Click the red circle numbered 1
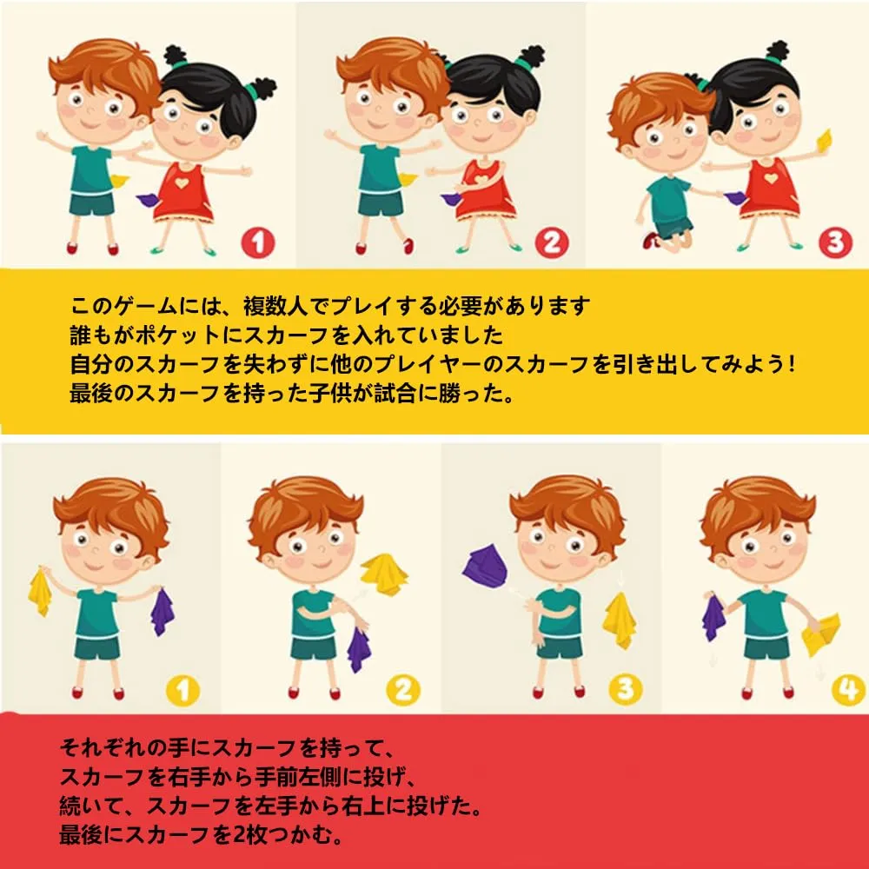(258, 242)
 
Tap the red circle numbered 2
(552, 242)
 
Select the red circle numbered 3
(835, 242)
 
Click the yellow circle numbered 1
(182, 691)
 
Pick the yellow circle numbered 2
(403, 691)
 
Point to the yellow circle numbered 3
(626, 689)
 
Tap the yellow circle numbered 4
(848, 689)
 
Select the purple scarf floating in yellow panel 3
(484, 565)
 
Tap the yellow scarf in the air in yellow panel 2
(384, 574)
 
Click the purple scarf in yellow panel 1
(162, 611)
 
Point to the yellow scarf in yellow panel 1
(40, 591)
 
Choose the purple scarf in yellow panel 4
(713, 617)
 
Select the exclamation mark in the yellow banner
(791, 364)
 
